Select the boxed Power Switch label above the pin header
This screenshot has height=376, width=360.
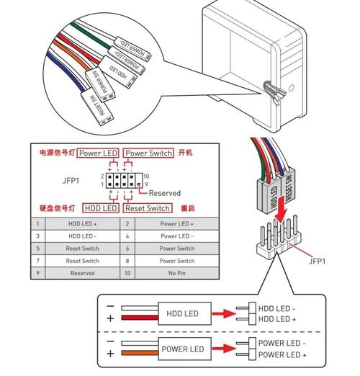coord(148,153)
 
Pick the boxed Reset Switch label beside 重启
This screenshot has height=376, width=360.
coord(148,208)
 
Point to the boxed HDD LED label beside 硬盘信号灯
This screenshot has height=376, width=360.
coord(100,208)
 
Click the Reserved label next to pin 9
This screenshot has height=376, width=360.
coord(165,193)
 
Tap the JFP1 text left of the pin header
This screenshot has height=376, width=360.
coord(72,180)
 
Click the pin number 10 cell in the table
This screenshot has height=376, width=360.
coord(127,273)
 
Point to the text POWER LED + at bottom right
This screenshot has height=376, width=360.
coord(282,355)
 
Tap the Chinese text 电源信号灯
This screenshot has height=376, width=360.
coord(57,153)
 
